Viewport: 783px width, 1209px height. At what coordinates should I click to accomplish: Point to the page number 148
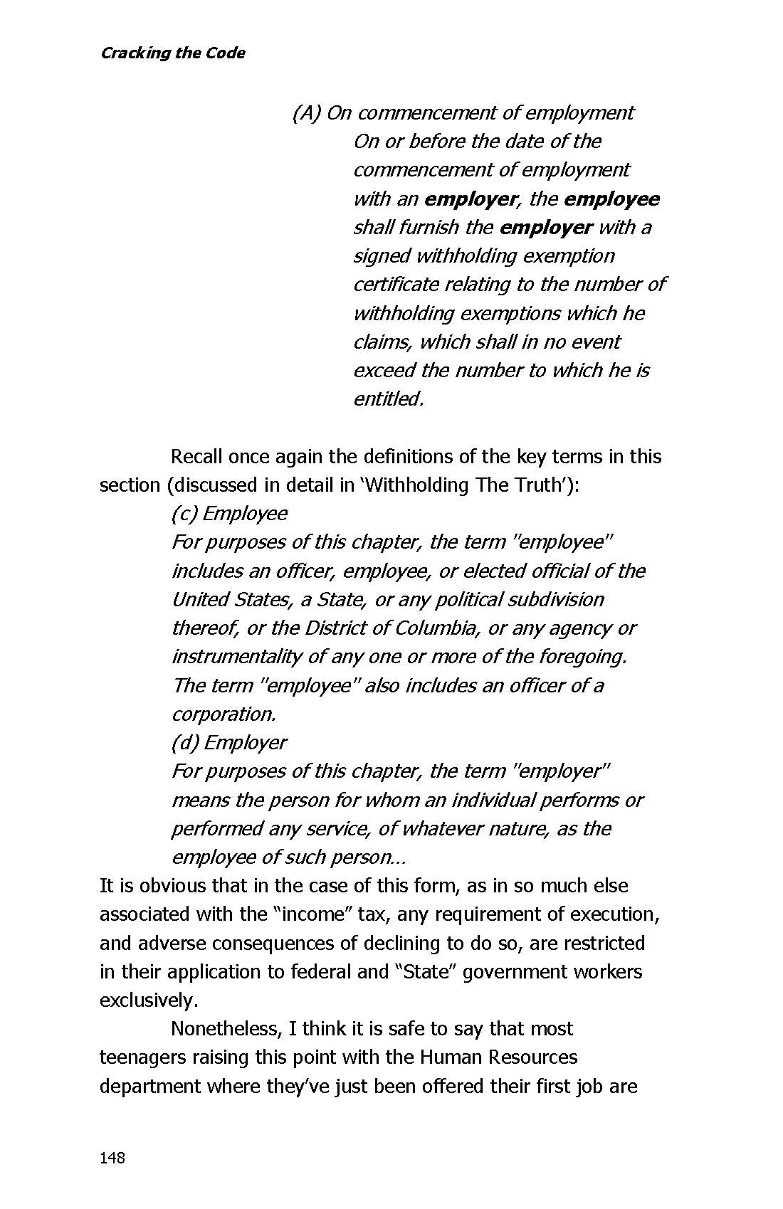click(x=112, y=1158)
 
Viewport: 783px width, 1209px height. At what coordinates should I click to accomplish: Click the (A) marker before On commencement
click(x=307, y=113)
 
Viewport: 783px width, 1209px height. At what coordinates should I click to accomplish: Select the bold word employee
click(x=611, y=199)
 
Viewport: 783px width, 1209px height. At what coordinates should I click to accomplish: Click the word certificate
click(x=396, y=285)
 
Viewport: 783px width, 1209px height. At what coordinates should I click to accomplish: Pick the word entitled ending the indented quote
click(x=388, y=399)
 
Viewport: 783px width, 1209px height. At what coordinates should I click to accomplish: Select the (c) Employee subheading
click(x=229, y=514)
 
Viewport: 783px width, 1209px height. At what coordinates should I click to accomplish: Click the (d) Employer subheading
click(x=228, y=743)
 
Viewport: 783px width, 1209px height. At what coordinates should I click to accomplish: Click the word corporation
click(x=224, y=714)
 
